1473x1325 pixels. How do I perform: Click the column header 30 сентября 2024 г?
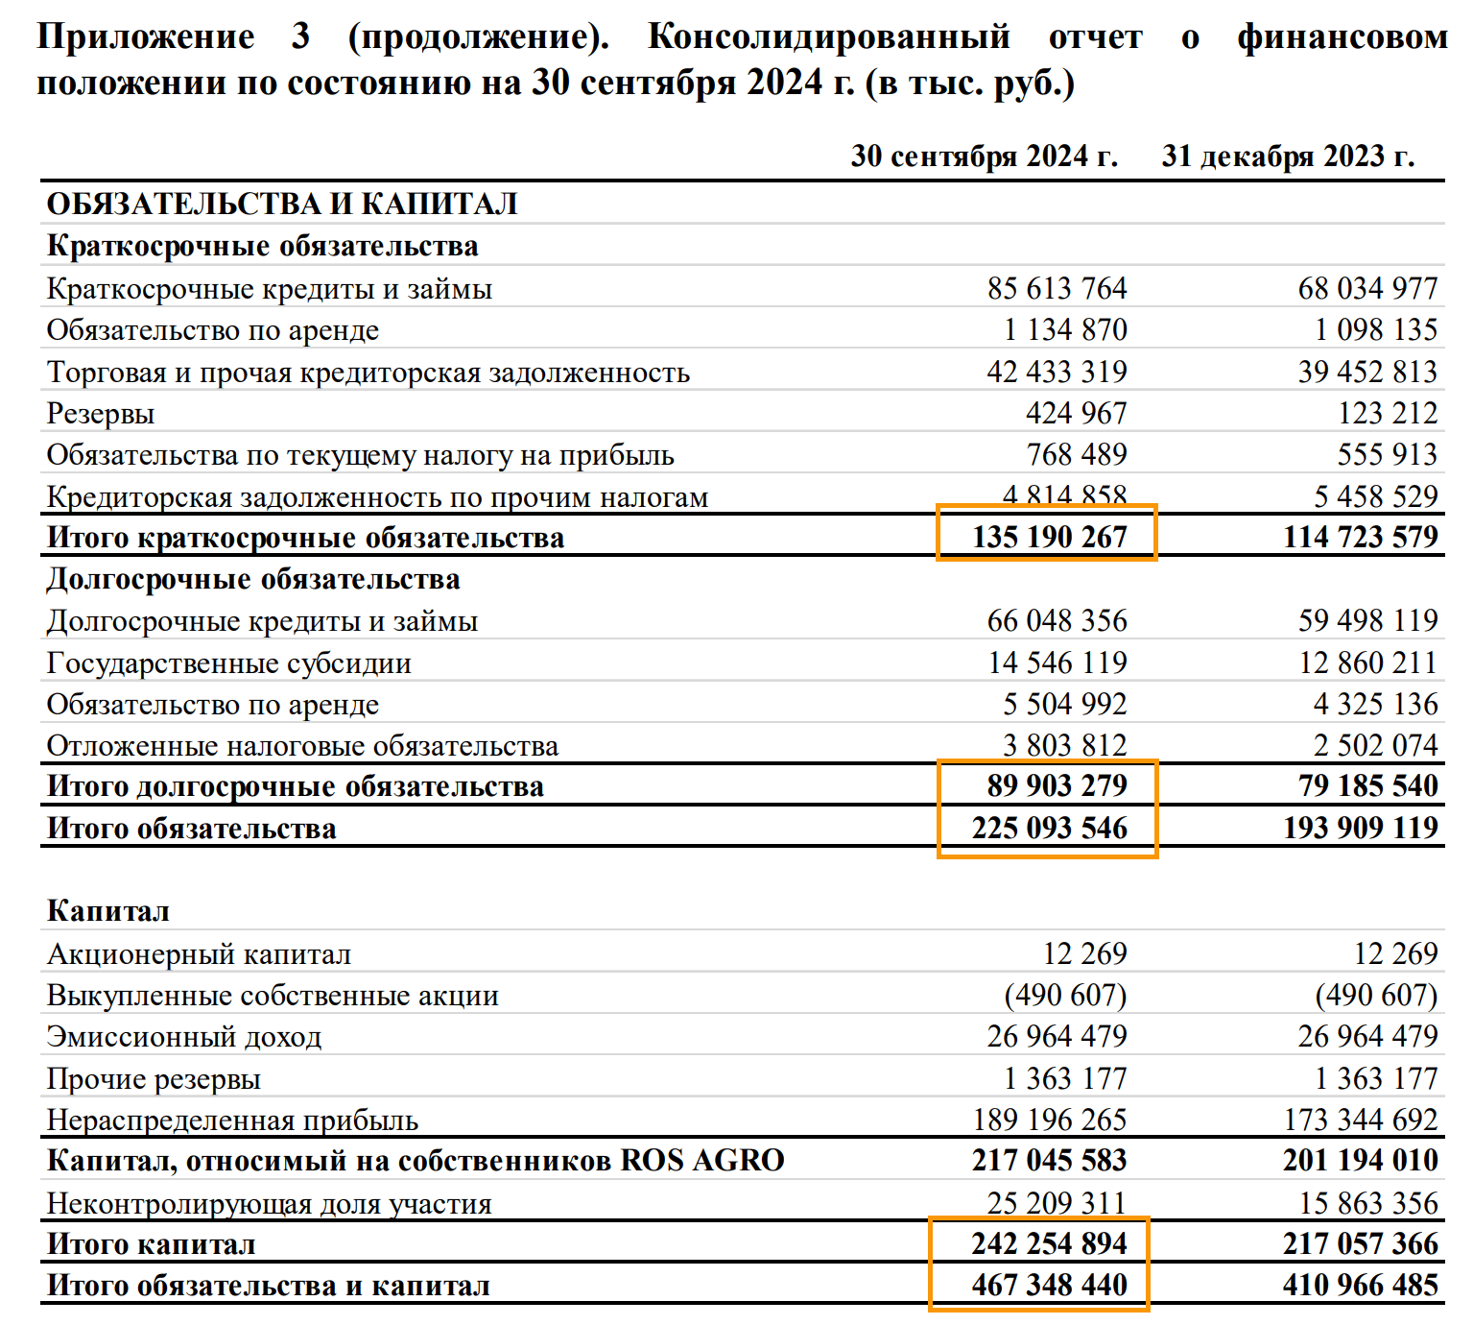coord(984,157)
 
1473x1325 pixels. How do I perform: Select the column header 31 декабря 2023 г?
coord(1288,157)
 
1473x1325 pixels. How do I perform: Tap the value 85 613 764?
coord(1057,288)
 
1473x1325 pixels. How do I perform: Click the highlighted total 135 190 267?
coord(1049,537)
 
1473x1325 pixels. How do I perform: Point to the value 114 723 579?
coord(1360,537)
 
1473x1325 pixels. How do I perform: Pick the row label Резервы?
coord(101,414)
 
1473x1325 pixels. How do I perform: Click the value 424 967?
coord(1076,414)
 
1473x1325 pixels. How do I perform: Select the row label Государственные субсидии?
coord(229,663)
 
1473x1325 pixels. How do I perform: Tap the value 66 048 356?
coord(1057,621)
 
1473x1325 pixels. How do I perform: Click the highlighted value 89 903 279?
coord(1057,785)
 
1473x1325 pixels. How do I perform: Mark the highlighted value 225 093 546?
coord(1049,828)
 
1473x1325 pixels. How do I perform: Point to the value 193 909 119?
coord(1360,828)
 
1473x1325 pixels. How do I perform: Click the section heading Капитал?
coord(108,911)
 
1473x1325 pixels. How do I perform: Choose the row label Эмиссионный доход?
coord(184,1037)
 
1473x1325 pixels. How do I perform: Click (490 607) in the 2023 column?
coord(1376,996)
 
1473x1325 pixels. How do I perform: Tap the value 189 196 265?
coord(1049,1120)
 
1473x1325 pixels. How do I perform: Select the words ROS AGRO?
coord(702,1161)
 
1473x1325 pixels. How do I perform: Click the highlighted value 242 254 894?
coord(1049,1243)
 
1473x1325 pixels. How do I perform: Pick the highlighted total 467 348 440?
coord(1049,1285)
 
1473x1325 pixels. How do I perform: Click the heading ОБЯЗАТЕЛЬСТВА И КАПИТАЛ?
coord(282,204)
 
